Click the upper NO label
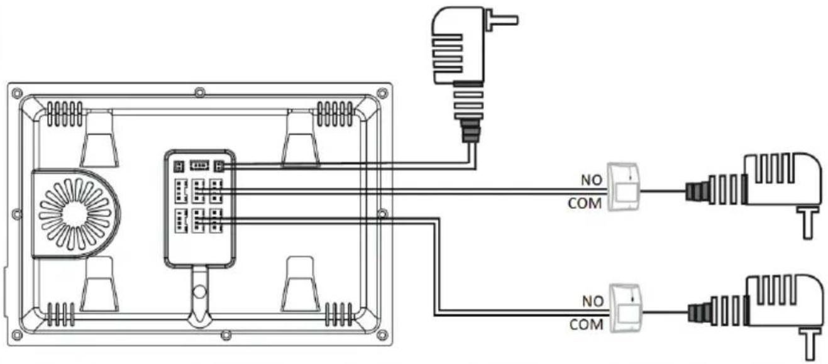(592, 180)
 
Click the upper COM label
(585, 204)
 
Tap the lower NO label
(593, 302)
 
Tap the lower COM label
(586, 325)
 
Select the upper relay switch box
(624, 187)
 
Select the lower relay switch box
(626, 308)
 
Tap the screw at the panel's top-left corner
(17, 93)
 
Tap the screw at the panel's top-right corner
(382, 93)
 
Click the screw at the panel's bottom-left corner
(17, 335)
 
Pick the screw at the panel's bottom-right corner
(382, 335)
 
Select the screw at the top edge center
(199, 92)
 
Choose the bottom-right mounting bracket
(301, 284)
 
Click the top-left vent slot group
(65, 114)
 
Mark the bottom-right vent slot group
(339, 314)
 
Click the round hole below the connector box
(199, 292)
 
